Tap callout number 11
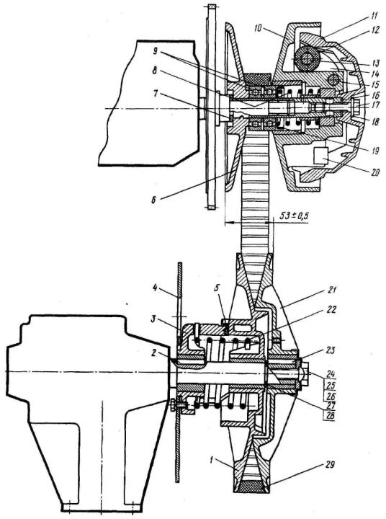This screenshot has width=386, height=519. [374, 16]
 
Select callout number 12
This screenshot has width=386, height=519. [375, 31]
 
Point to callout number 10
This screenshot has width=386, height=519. [258, 28]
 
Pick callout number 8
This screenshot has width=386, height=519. [154, 71]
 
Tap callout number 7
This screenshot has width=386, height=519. [155, 94]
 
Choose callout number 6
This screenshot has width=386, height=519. [153, 200]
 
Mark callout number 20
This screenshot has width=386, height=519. [374, 172]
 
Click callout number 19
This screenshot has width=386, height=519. [374, 151]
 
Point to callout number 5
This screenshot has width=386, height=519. [217, 288]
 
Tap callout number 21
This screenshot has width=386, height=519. [332, 290]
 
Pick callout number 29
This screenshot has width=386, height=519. [329, 465]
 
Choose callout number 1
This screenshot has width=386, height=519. [212, 460]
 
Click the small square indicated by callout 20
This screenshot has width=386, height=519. [320, 156]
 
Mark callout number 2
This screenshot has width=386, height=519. [153, 352]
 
